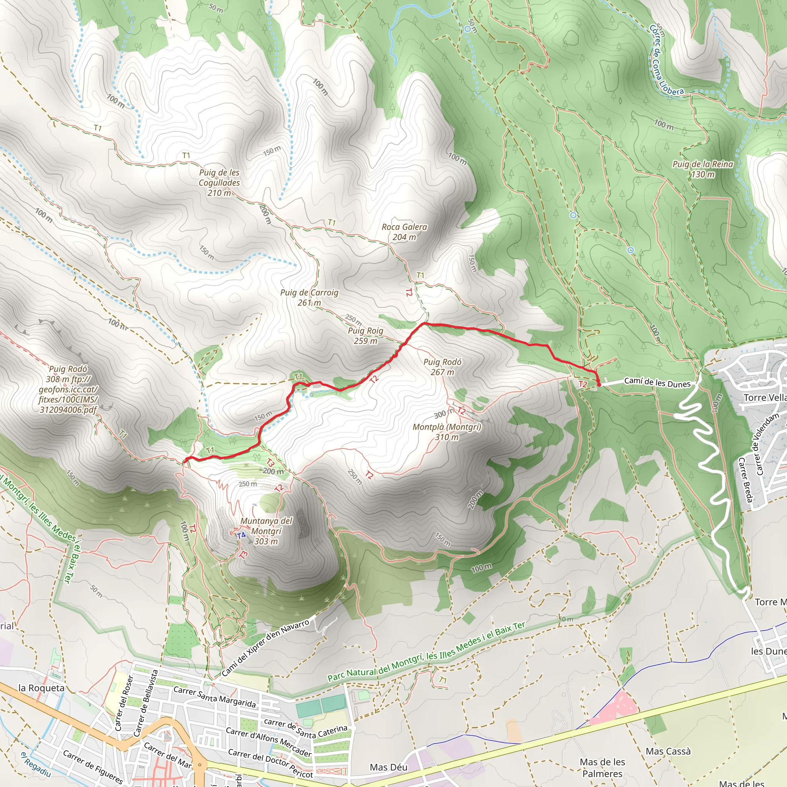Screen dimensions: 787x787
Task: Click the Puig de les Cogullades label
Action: (x=219, y=183)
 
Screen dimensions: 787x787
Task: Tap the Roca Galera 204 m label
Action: (x=404, y=232)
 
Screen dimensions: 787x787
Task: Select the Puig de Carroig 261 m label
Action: (x=309, y=297)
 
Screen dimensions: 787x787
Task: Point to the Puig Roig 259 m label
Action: (x=365, y=335)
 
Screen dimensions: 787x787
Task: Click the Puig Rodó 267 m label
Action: (x=442, y=367)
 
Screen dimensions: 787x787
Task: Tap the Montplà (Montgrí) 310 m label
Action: (x=447, y=432)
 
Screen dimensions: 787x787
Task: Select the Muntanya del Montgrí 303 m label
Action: (x=266, y=531)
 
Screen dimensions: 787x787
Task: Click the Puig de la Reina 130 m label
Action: (x=702, y=169)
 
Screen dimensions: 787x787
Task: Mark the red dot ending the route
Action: (x=599, y=384)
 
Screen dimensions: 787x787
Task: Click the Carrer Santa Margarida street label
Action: (x=215, y=697)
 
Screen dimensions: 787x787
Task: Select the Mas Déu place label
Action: (x=388, y=767)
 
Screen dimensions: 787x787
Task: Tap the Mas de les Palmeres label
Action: (x=602, y=767)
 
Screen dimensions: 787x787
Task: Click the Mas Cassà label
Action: (x=668, y=751)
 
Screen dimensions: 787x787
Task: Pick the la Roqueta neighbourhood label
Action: (x=42, y=687)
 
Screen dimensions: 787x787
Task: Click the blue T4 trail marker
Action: (x=241, y=535)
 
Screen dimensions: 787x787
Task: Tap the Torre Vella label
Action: (x=764, y=398)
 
